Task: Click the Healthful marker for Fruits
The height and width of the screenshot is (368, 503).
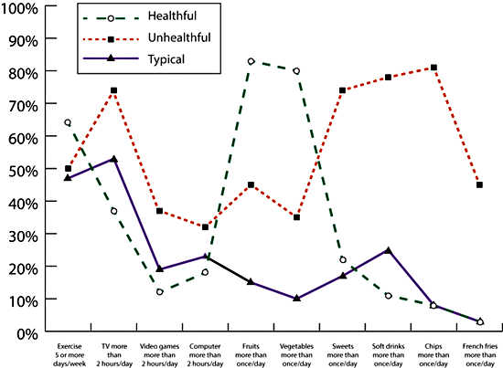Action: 251,61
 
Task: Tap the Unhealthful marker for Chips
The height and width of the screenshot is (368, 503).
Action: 433,68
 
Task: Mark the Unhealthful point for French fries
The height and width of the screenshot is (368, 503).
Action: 479,184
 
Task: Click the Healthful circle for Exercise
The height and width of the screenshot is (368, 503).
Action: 68,122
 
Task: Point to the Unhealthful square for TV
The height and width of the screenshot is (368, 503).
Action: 113,90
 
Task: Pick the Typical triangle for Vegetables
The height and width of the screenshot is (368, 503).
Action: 296,298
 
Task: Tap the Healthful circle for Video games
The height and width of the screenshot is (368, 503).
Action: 159,292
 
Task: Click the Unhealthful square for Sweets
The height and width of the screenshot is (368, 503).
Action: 342,90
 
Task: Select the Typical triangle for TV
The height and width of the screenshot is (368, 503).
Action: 113,159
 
